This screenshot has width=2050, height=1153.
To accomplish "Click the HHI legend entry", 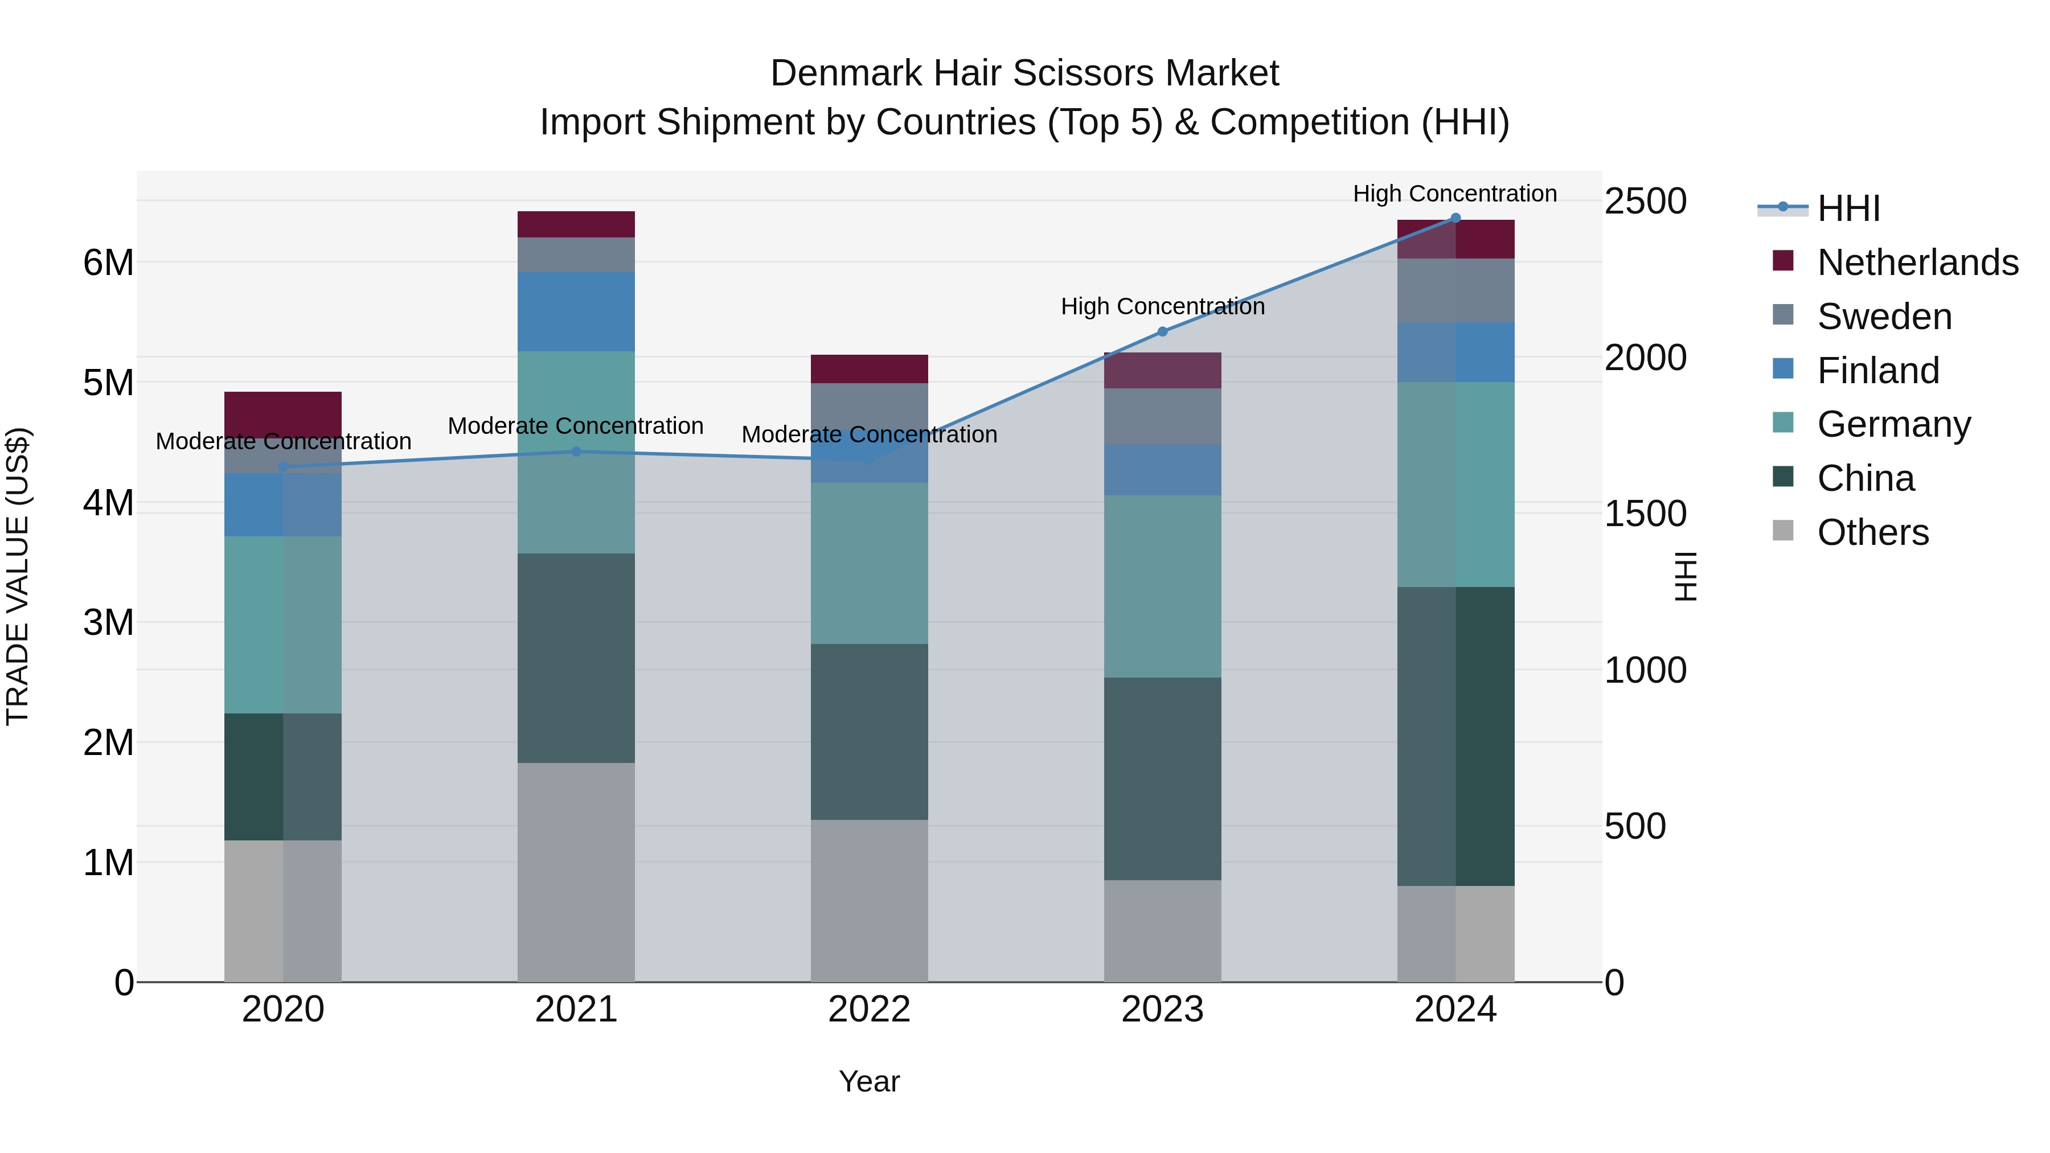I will coord(1848,208).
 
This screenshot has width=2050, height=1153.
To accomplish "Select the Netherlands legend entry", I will coord(1917,262).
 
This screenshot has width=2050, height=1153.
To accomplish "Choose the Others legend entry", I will coord(1872,532).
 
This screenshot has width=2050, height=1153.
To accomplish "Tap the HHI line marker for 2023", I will coord(1162,331).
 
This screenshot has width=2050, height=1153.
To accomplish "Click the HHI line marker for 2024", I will coord(1455,218).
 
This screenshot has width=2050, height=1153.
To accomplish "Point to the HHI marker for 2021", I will coord(576,452).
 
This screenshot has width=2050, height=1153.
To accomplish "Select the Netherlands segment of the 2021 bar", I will coord(576,224).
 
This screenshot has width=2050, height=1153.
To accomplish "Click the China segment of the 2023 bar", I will coord(1162,778).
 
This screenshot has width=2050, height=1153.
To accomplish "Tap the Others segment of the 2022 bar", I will coord(869,900).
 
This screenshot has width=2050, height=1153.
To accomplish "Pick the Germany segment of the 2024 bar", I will coord(1455,484).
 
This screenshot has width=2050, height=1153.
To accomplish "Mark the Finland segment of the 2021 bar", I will coord(576,311).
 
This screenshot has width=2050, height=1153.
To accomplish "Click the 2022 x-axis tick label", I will coord(869,1010).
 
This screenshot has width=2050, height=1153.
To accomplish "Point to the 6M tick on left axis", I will coord(108,262).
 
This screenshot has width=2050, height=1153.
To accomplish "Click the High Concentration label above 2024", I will coord(1455,194).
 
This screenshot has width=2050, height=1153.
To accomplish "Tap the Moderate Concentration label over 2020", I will coord(284,441).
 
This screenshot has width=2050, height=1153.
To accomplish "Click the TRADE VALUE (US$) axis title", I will coord(18,576).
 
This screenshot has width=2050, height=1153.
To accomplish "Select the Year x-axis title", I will coord(869,1081).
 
